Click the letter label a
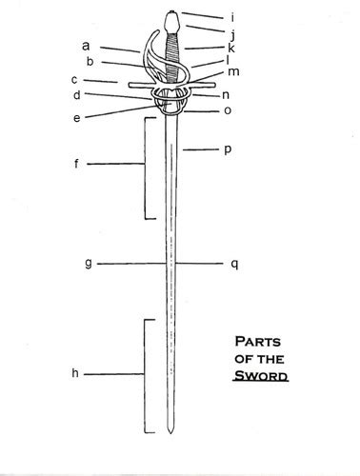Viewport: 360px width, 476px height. (x=86, y=46)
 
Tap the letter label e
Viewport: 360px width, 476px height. (x=77, y=118)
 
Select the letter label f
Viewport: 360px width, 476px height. (x=76, y=164)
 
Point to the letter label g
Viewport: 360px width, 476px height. (x=89, y=264)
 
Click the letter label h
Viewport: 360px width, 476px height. (x=75, y=373)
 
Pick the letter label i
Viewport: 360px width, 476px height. (x=232, y=17)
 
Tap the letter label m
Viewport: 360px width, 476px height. (x=233, y=72)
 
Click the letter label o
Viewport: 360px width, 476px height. (x=228, y=110)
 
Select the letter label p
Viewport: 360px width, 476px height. (x=228, y=149)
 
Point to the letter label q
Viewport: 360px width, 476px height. (x=234, y=264)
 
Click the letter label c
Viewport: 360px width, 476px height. (x=74, y=80)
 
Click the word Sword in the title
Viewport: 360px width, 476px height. (x=261, y=376)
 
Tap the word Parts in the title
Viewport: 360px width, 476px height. (x=258, y=342)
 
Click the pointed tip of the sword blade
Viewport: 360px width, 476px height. (x=170, y=433)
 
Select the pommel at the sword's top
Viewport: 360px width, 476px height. (x=172, y=22)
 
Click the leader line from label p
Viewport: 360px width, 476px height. (x=201, y=149)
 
